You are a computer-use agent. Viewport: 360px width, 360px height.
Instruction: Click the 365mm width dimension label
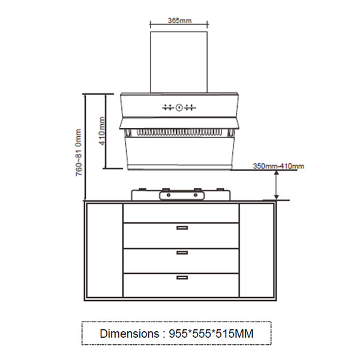[179, 20]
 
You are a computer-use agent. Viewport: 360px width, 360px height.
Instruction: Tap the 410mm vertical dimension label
[102, 131]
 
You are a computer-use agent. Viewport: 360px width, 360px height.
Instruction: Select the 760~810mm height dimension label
[79, 152]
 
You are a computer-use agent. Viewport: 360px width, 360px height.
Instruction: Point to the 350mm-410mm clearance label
[278, 166]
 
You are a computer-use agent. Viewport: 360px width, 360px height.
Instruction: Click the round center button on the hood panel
[179, 107]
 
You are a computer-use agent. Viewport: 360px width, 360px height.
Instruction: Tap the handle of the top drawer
[182, 228]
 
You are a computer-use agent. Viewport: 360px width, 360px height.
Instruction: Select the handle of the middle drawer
[182, 253]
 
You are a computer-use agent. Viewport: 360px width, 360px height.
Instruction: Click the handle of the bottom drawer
[182, 277]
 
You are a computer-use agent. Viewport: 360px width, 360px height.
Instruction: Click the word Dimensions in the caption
[130, 334]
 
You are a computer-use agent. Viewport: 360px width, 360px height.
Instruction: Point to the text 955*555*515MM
[211, 334]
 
